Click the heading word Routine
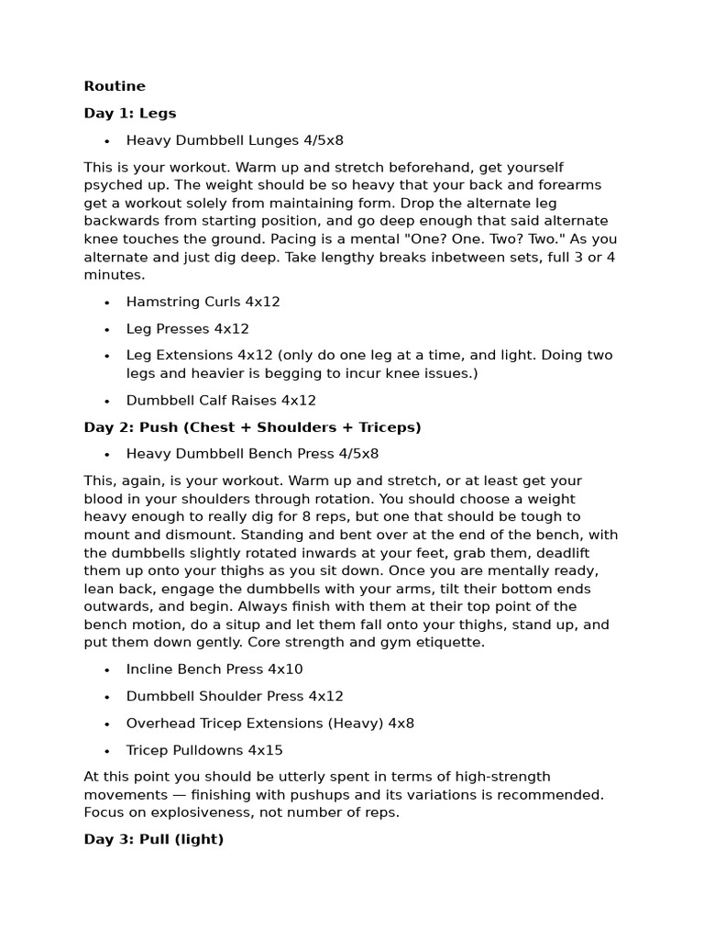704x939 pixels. [115, 86]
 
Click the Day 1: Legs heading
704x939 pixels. [130, 114]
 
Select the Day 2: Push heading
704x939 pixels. [252, 427]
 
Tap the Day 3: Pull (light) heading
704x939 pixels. [154, 839]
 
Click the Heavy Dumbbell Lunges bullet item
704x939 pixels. [235, 140]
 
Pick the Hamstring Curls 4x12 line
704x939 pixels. [203, 302]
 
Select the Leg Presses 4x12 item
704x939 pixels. [188, 328]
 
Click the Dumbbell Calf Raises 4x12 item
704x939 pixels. [221, 401]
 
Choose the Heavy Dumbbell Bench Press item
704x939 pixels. [252, 454]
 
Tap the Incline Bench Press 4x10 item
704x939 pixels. [214, 669]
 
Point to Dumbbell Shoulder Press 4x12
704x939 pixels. [235, 696]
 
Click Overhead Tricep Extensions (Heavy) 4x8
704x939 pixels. [270, 724]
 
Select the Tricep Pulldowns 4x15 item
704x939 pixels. [204, 750]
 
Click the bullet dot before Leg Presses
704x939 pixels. [107, 329]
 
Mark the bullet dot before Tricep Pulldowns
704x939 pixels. [107, 751]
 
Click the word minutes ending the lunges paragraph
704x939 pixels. [113, 275]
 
